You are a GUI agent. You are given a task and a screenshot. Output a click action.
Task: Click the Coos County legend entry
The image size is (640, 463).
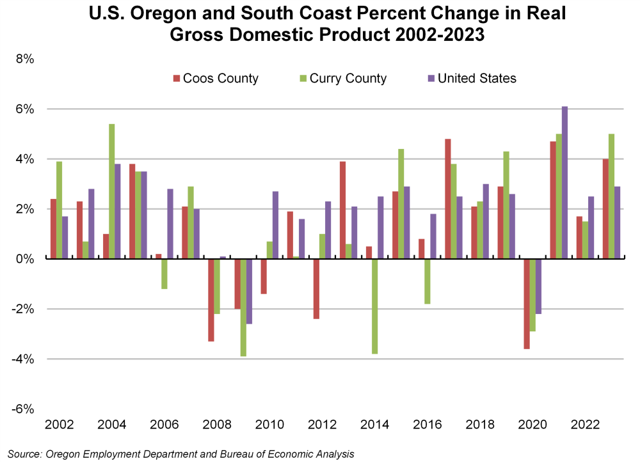tap(215, 79)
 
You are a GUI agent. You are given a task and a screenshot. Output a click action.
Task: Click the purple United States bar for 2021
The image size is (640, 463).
tap(564, 183)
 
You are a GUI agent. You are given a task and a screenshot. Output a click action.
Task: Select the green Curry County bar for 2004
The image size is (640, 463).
tap(111, 191)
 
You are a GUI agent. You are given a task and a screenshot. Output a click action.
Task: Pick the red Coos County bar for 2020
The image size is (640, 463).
tap(526, 304)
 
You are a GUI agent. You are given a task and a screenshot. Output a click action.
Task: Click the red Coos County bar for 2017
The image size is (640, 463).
tap(448, 199)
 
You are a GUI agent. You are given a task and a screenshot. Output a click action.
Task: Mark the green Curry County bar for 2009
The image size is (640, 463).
tap(243, 308)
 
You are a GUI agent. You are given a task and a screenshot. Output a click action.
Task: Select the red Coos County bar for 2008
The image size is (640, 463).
tap(211, 300)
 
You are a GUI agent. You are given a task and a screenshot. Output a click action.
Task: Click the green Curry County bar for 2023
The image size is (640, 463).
tap(611, 196)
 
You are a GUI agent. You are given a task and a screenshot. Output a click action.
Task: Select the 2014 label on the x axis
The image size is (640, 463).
tap(374, 425)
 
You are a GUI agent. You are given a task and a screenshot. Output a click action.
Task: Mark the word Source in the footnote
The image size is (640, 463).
tap(24, 454)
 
